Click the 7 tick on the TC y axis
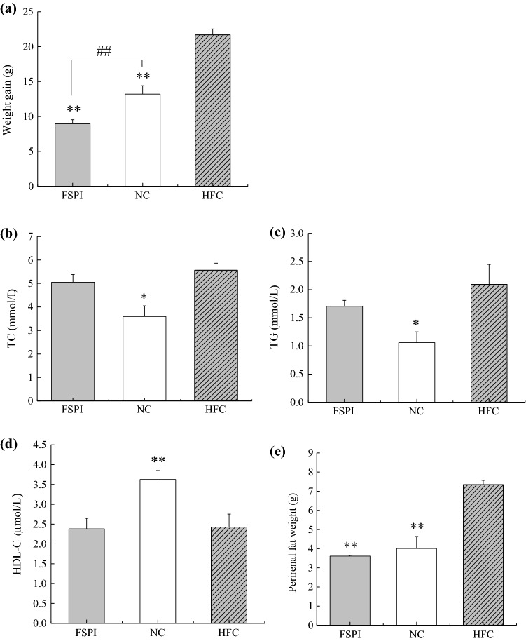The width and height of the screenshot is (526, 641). pyautogui.click(x=32, y=236)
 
